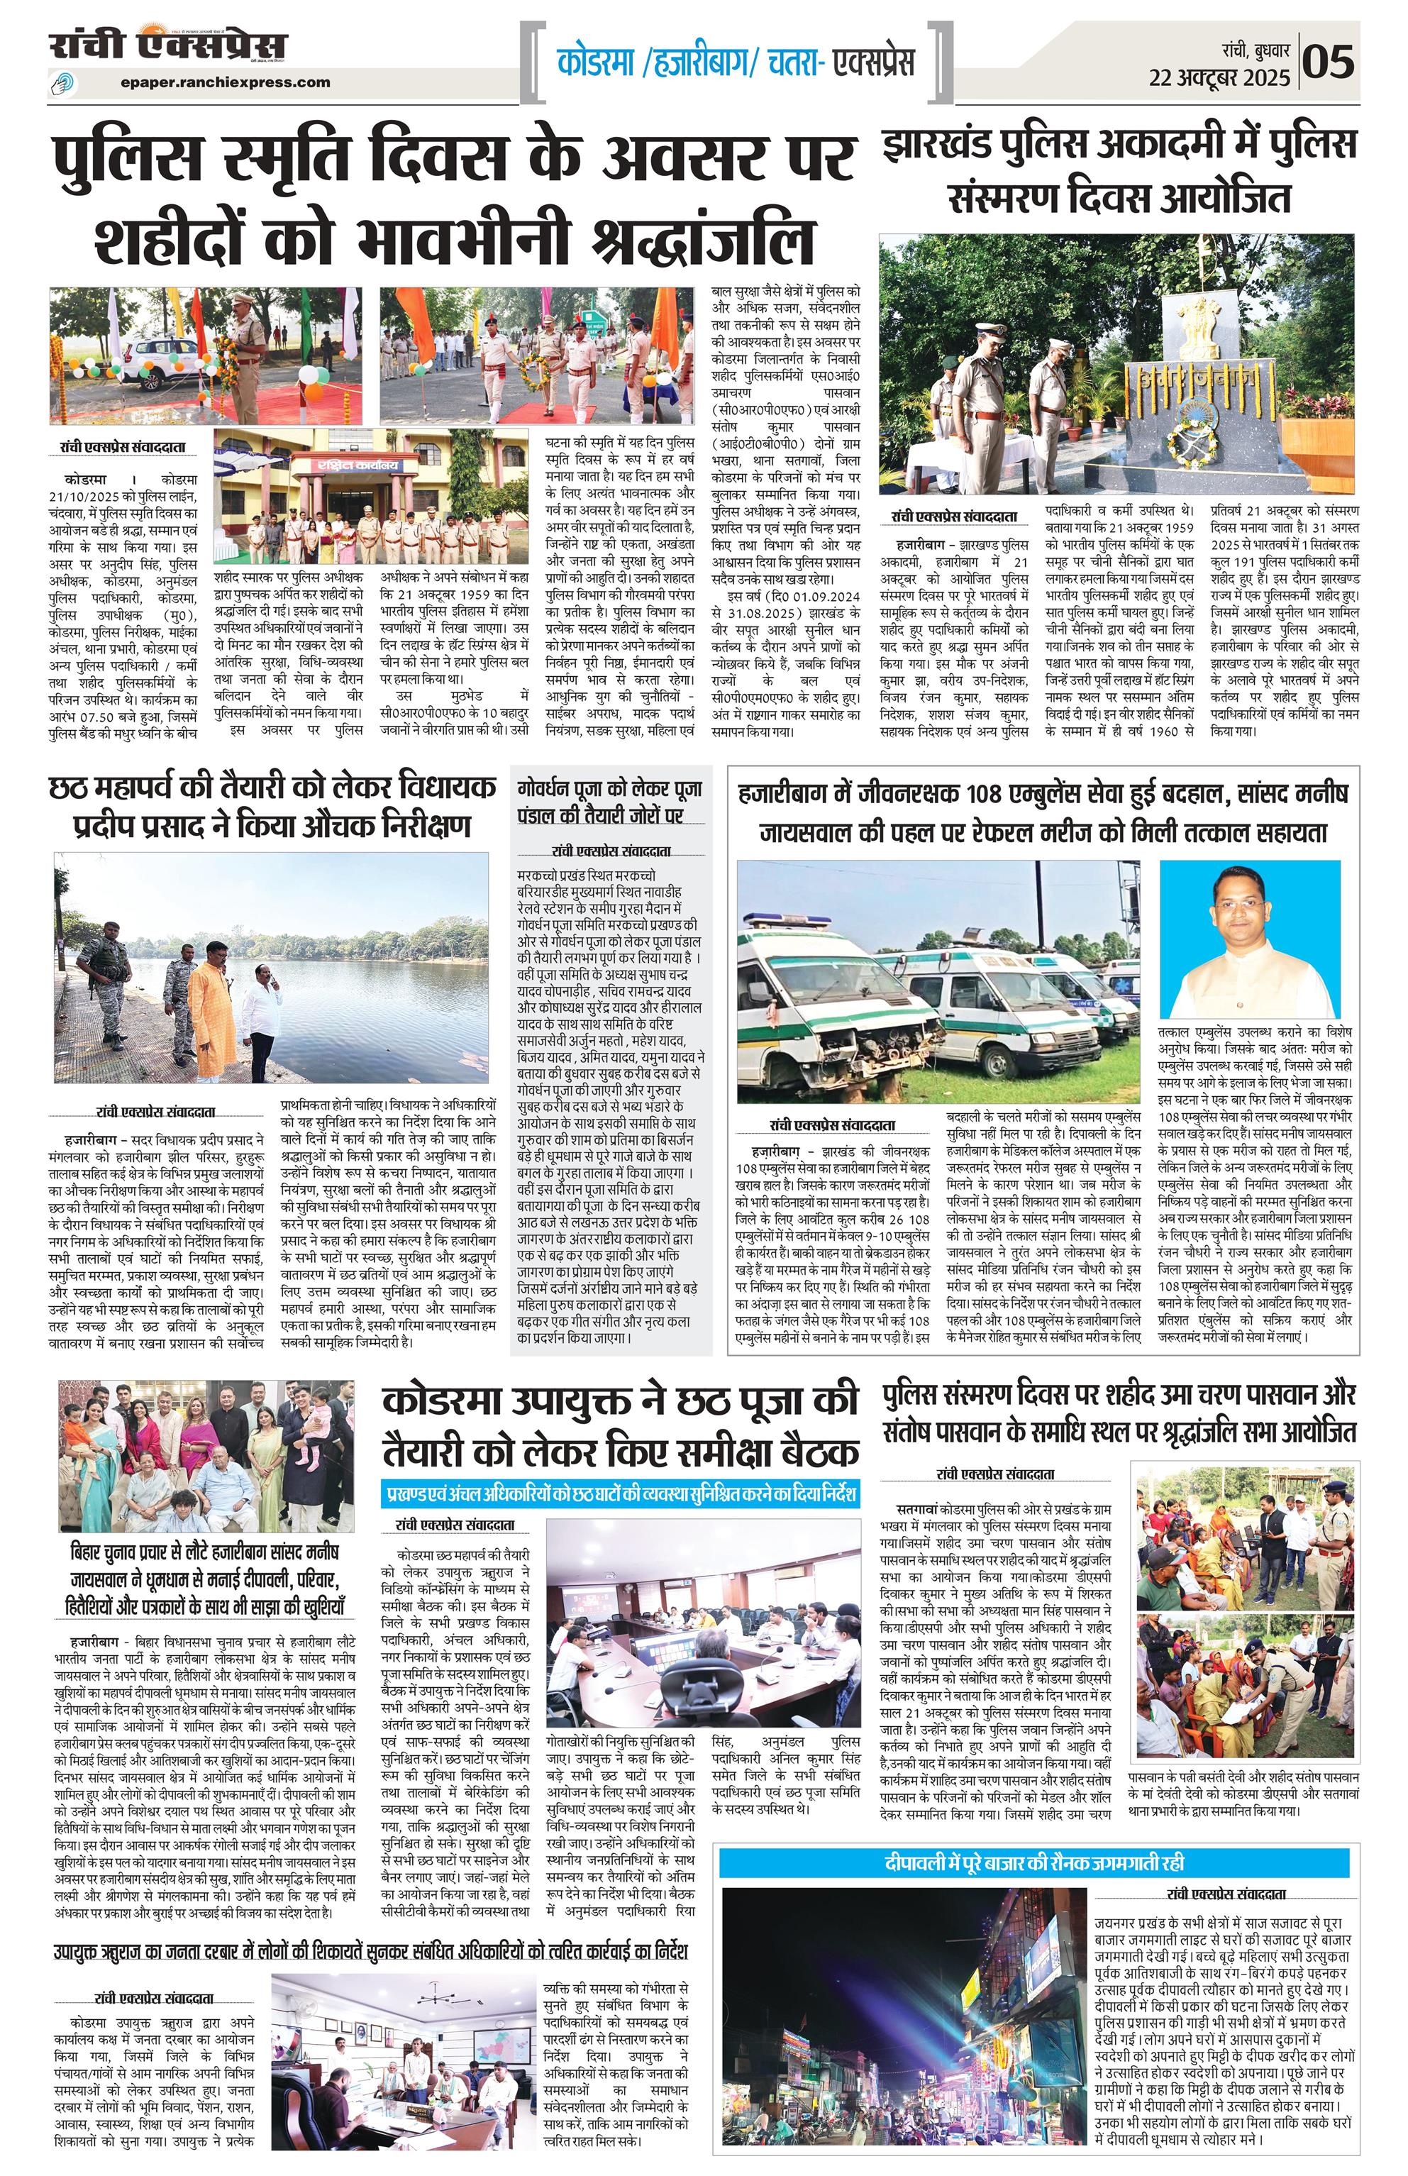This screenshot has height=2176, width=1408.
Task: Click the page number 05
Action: pyautogui.click(x=1328, y=62)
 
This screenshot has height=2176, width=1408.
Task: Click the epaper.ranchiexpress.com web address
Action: pyautogui.click(x=225, y=82)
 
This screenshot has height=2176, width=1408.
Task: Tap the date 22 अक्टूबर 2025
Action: pyautogui.click(x=1219, y=78)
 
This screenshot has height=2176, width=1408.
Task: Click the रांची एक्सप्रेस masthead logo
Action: pyautogui.click(x=168, y=45)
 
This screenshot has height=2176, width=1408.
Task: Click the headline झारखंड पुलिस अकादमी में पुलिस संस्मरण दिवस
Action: pyautogui.click(x=1119, y=171)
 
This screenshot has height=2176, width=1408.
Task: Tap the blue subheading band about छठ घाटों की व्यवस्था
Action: pyautogui.click(x=621, y=1494)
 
